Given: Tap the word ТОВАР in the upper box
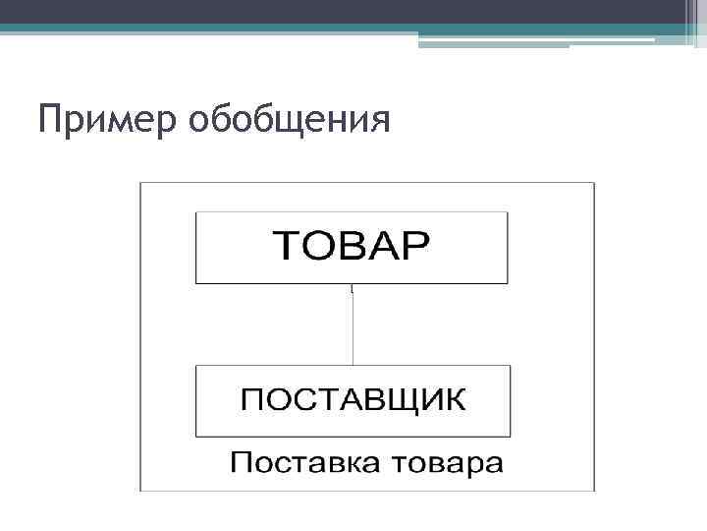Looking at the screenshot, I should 351,246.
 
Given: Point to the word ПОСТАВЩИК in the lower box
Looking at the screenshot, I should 353,401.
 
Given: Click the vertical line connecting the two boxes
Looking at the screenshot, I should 353,324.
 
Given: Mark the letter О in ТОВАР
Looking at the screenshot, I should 318,246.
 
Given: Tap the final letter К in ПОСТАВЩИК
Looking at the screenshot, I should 457,401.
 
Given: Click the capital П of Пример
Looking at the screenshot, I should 49,120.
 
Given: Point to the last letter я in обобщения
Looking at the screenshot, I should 379,122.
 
